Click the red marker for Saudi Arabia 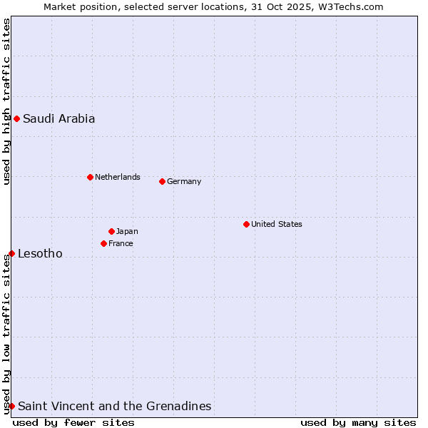click(x=16, y=118)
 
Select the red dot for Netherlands click(x=90, y=177)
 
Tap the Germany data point click(x=162, y=181)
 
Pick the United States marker click(x=246, y=224)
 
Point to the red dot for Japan click(x=111, y=231)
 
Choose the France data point click(x=103, y=243)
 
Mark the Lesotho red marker click(x=11, y=253)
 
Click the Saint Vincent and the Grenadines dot click(x=11, y=406)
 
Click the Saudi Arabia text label click(x=58, y=118)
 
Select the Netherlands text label click(x=117, y=177)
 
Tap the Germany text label click(x=184, y=181)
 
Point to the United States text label click(x=276, y=224)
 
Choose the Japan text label click(x=127, y=231)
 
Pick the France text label click(x=121, y=243)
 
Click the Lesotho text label click(x=40, y=253)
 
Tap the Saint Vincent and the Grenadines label click(x=114, y=406)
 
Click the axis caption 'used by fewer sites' click(x=73, y=422)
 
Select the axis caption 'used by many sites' click(x=358, y=422)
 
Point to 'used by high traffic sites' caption click(x=6, y=101)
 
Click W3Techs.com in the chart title click(x=351, y=6)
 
